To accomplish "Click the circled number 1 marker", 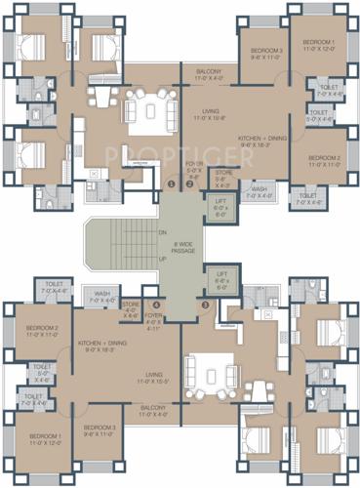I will pos(171,183).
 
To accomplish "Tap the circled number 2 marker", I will pos(189,183).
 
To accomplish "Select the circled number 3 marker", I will pos(205,305).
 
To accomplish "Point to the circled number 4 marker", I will pos(155,305).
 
